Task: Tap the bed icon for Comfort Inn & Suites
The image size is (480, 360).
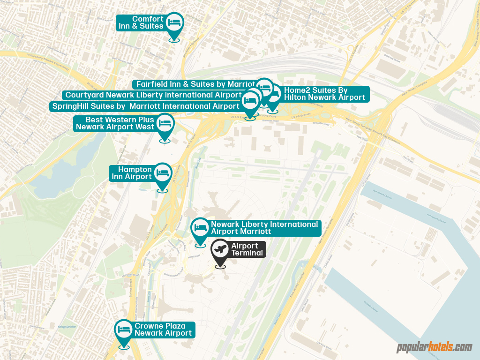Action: (174, 22)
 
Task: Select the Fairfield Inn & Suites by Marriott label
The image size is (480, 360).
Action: (195, 84)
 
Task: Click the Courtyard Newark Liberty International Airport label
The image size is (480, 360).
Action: (153, 95)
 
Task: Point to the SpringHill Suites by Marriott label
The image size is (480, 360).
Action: (145, 106)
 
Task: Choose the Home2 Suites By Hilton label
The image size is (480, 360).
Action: (324, 94)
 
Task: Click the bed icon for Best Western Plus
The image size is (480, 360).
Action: (165, 123)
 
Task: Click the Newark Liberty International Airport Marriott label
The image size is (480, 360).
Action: (264, 228)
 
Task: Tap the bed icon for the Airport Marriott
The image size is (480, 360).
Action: (201, 227)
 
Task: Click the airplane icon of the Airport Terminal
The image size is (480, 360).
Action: (220, 249)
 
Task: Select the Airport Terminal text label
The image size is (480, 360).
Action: (247, 249)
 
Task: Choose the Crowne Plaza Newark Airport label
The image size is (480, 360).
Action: (163, 330)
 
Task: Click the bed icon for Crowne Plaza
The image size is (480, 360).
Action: (124, 329)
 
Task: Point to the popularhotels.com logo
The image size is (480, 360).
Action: (434, 347)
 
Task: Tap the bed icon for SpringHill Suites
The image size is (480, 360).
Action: (250, 100)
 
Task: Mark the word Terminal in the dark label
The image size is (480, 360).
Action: (247, 253)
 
